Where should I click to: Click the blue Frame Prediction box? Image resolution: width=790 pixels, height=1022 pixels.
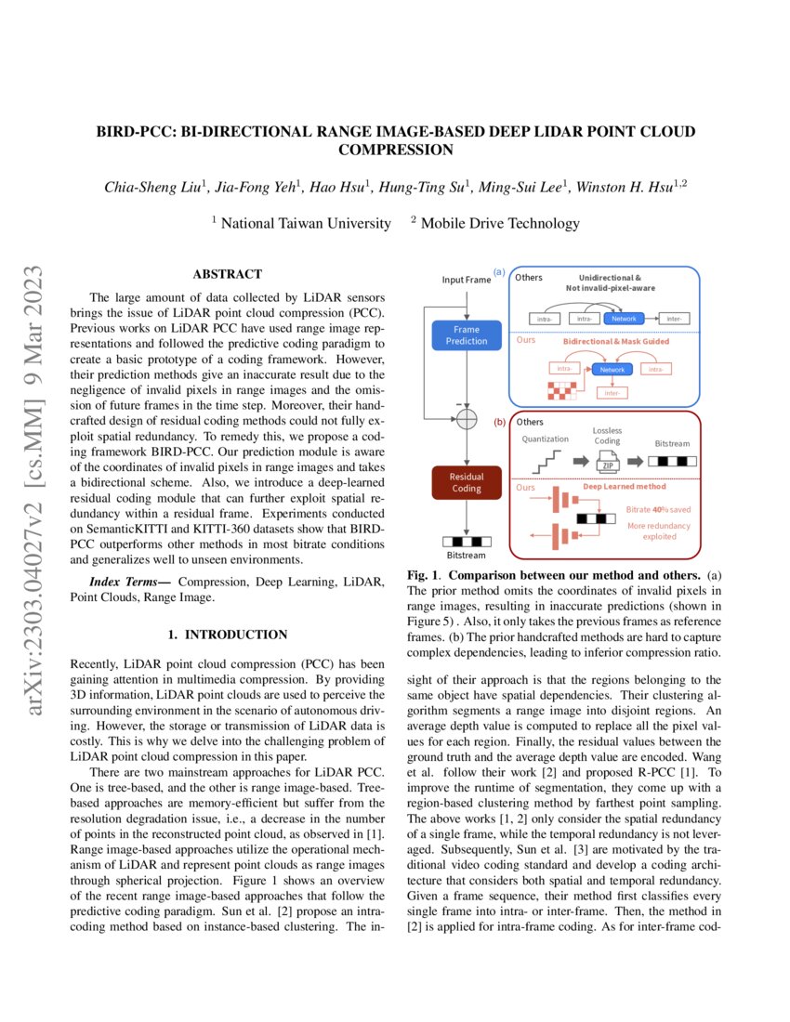click(x=467, y=335)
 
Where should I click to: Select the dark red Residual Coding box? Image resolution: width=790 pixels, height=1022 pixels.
click(x=467, y=482)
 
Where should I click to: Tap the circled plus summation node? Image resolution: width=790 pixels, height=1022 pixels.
click(x=467, y=418)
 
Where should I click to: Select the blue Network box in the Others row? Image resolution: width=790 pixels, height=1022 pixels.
click(x=624, y=319)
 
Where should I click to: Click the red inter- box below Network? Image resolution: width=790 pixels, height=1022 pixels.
click(x=614, y=393)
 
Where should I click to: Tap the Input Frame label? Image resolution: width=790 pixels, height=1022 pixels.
click(x=467, y=279)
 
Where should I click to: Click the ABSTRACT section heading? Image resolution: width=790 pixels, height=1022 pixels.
click(x=227, y=274)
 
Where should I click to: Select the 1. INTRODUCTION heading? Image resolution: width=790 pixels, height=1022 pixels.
click(x=227, y=635)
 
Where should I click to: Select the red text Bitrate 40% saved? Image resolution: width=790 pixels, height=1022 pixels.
click(x=658, y=509)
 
